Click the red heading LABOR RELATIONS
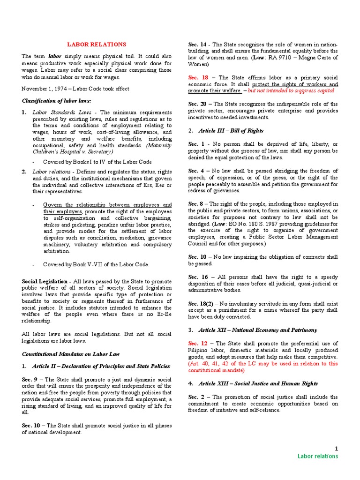pyautogui.click(x=97, y=45)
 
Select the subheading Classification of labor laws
pyautogui.click(x=53, y=101)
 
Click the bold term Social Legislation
pyautogui.click(x=45, y=281)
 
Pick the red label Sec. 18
pyautogui.click(x=199, y=77)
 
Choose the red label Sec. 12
pyautogui.click(x=199, y=344)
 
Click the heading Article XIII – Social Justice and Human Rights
pyautogui.click(x=258, y=383)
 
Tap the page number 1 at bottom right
pyautogui.click(x=336, y=449)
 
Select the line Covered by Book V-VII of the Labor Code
pyautogui.click(x=96, y=264)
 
